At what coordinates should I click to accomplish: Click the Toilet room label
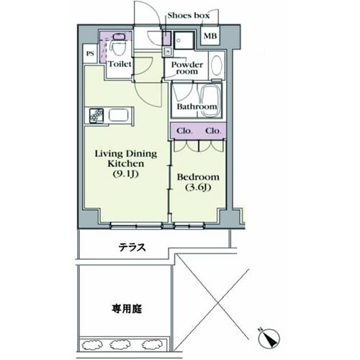coord(120,64)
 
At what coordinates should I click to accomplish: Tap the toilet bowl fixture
coord(118,47)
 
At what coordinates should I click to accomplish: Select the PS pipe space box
coord(90,54)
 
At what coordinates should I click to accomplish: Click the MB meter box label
coord(210,36)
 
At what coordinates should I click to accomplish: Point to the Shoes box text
coord(189,16)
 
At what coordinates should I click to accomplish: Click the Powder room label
coord(187,68)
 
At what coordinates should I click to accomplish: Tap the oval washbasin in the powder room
coord(217,66)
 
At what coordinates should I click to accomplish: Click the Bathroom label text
coord(197,107)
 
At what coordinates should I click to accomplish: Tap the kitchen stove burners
coord(96,116)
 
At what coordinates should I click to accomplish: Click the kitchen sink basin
coord(119,116)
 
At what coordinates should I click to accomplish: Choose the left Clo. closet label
coord(184,131)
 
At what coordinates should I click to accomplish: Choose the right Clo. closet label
coord(213,131)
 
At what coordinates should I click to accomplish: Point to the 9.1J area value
coord(126,174)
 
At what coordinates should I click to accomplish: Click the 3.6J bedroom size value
coord(198,187)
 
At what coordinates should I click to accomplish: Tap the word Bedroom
coord(198,177)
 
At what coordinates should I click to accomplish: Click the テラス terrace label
coord(132,247)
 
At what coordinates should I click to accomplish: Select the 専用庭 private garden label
coord(127,309)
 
